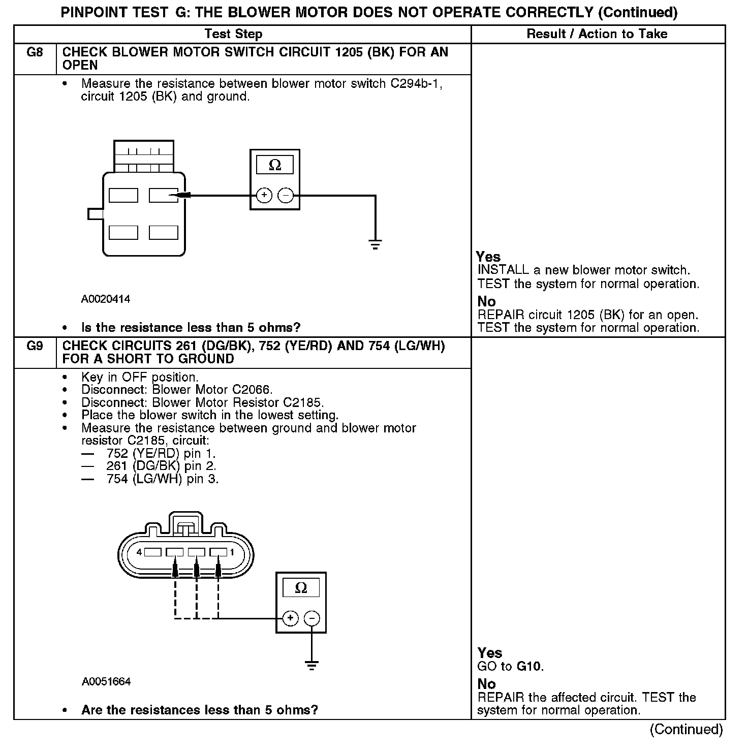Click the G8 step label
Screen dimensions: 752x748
(x=34, y=52)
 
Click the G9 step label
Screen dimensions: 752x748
(x=34, y=346)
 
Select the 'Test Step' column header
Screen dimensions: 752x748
(x=233, y=34)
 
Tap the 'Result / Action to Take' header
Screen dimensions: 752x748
(x=597, y=34)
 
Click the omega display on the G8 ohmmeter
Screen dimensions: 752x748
(x=275, y=165)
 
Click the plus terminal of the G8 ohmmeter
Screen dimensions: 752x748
(x=264, y=195)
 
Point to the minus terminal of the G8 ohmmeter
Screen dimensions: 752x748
(x=286, y=195)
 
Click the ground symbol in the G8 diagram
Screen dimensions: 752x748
(x=375, y=245)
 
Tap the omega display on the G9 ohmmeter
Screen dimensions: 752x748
(x=301, y=588)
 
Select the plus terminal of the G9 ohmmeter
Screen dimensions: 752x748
(x=290, y=618)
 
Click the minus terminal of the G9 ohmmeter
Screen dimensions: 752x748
(x=311, y=618)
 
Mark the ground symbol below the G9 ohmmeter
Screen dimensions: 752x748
(x=311, y=665)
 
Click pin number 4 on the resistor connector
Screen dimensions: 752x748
(x=139, y=552)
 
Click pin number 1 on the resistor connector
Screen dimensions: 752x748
(x=232, y=552)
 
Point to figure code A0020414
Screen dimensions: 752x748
(x=106, y=299)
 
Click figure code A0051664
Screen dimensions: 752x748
(x=106, y=682)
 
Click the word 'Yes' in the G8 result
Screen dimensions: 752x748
(x=488, y=257)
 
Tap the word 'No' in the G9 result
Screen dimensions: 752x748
(x=486, y=684)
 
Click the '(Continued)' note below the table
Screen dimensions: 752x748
(x=685, y=729)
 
